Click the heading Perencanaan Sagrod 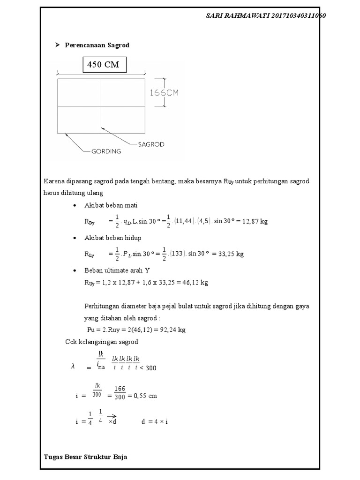pos(97,45)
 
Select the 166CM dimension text pos(164,93)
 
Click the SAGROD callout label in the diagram pos(151,144)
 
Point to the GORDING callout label pos(106,151)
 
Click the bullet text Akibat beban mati pos(111,205)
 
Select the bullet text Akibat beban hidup pos(112,238)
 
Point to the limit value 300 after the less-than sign pos(150,368)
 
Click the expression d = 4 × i pos(154,421)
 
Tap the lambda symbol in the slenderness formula pos(73,367)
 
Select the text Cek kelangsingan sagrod pos(101,342)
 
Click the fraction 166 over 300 pos(120,396)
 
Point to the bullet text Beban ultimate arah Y pos(117,270)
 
